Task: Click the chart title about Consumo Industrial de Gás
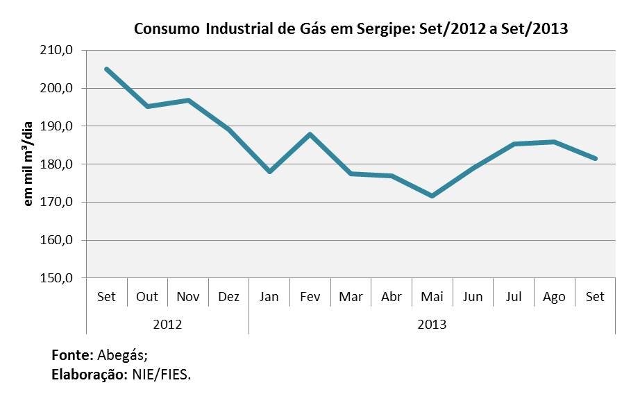[351, 28]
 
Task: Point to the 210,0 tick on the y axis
[56, 50]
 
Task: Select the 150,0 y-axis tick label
[56, 277]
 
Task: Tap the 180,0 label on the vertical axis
[56, 164]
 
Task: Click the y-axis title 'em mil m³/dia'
[27, 164]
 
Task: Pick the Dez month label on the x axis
[228, 297]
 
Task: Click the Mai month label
[432, 297]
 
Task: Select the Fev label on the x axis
[310, 297]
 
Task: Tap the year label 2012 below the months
[167, 324]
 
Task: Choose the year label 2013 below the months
[432, 324]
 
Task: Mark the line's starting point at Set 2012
[107, 69]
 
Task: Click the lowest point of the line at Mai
[432, 196]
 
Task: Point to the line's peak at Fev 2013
[310, 134]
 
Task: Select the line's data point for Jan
[269, 171]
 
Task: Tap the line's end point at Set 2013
[595, 158]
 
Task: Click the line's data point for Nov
[188, 100]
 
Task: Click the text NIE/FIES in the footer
[161, 375]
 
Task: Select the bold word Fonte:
[73, 355]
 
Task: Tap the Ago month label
[554, 297]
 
